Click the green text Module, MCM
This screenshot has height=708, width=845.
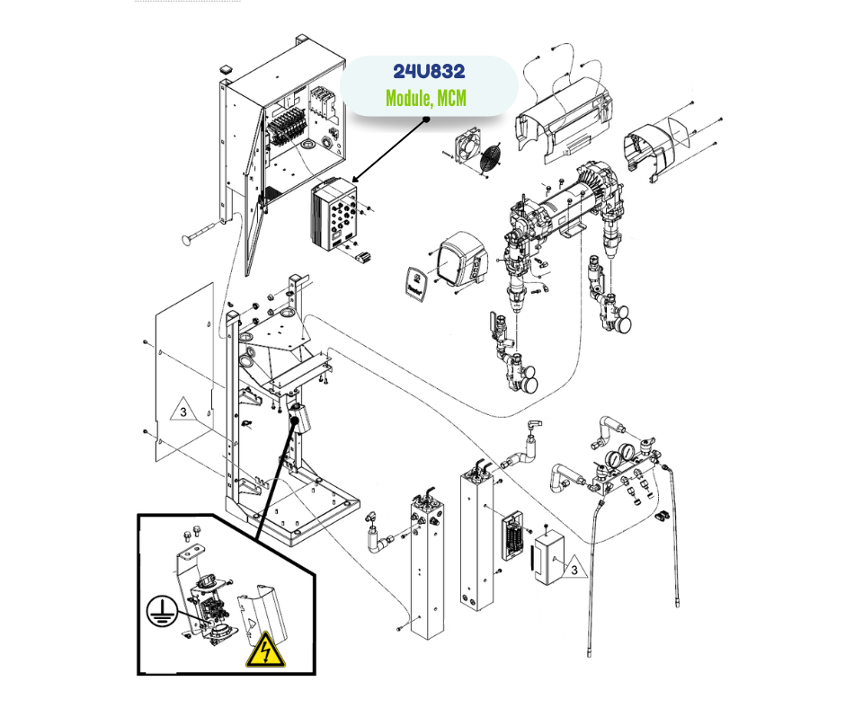pyautogui.click(x=426, y=98)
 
